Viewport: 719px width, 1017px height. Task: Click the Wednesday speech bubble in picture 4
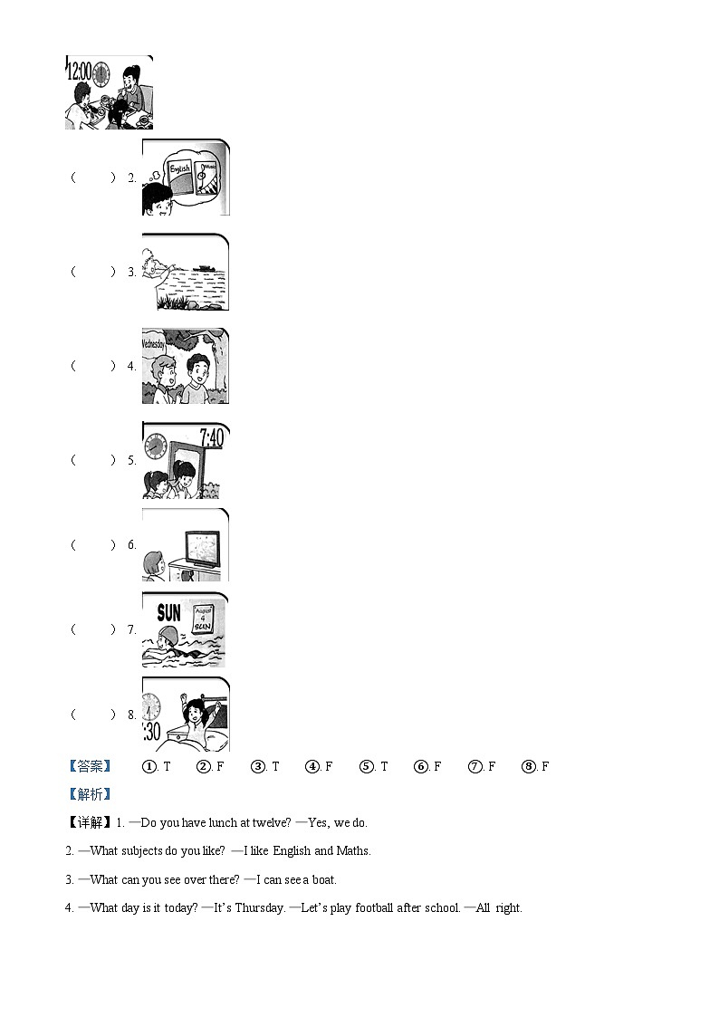(x=153, y=344)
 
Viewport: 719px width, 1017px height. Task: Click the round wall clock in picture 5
(x=156, y=446)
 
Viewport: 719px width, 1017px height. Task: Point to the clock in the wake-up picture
(x=150, y=706)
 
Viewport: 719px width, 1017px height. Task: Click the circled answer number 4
(x=312, y=766)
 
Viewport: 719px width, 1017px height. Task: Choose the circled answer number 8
(x=529, y=766)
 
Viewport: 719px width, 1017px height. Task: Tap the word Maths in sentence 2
(x=352, y=850)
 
